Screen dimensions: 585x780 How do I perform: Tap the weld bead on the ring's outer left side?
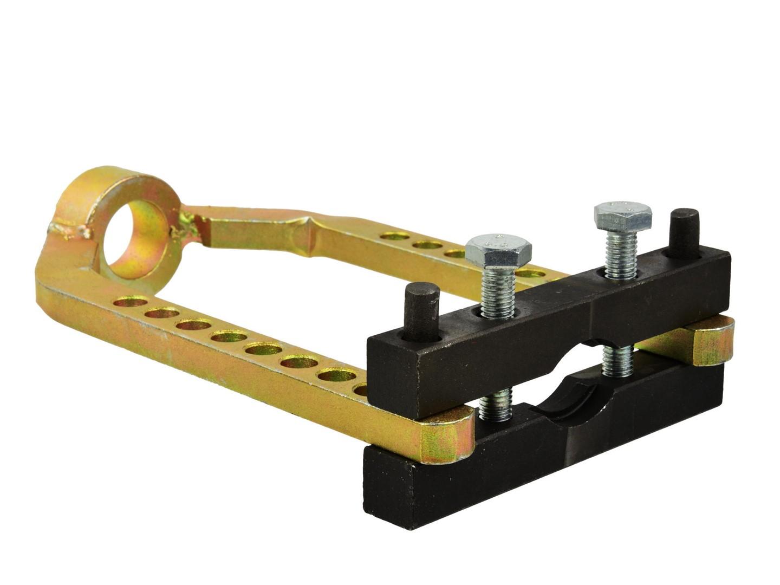click(69, 230)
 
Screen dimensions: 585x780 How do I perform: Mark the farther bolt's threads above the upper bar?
click(620, 255)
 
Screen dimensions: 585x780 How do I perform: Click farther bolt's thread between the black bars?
click(617, 360)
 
